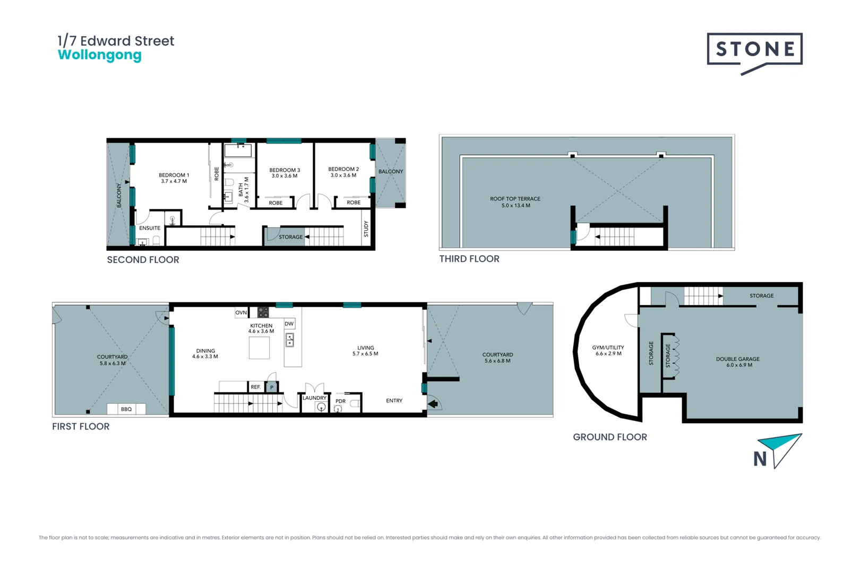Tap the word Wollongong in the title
tap(100, 55)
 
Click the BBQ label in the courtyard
tap(126, 409)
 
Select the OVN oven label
tap(241, 313)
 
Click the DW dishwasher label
tap(289, 324)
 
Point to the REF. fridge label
tap(256, 387)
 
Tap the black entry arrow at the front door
tap(433, 404)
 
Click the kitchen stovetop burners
tap(263, 312)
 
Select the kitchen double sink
tap(290, 340)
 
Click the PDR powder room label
tap(340, 401)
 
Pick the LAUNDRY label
tap(314, 398)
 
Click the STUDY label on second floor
tap(366, 229)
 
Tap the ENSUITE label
tap(150, 228)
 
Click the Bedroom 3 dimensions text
tap(285, 176)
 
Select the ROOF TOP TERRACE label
tap(515, 199)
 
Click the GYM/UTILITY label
tap(608, 348)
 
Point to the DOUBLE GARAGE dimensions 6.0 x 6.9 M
tap(739, 365)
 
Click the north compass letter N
tap(760, 459)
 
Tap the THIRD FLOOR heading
tap(469, 259)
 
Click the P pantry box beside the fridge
tap(272, 387)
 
